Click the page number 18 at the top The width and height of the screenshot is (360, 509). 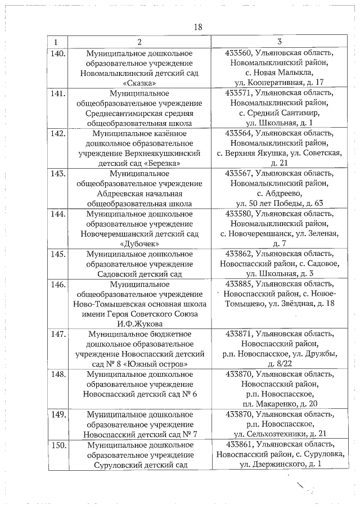pyautogui.click(x=197, y=26)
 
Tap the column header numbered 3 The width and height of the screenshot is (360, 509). pyautogui.click(x=279, y=42)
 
